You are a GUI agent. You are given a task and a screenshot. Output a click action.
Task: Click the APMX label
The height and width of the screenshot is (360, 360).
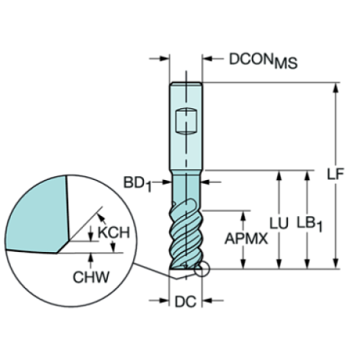point(245,239)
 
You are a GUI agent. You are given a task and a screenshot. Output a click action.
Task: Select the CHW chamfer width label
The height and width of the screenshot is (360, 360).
point(91,277)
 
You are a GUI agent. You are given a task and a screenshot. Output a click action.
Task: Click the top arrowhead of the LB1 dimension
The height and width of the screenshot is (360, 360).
point(306,177)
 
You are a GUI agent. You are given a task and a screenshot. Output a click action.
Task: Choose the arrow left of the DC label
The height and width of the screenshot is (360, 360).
point(165,300)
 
